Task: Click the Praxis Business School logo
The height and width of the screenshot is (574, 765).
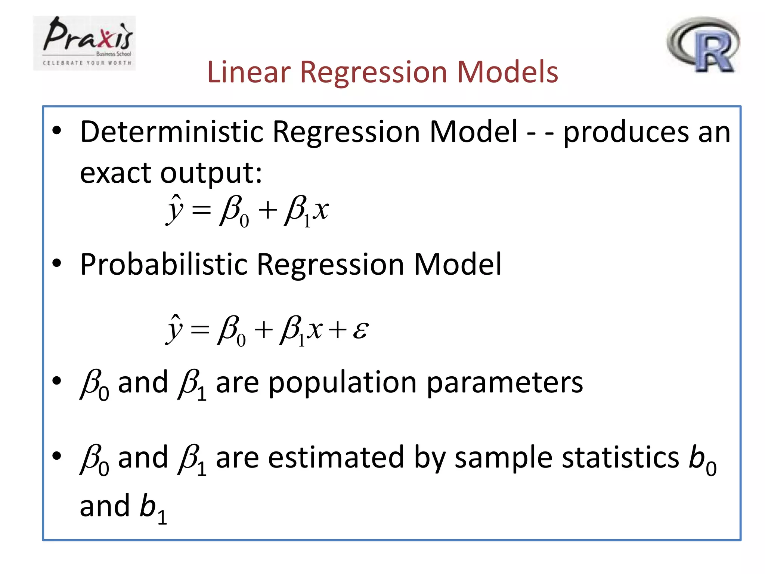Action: coord(84,43)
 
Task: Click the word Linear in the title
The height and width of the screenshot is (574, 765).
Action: coord(248,72)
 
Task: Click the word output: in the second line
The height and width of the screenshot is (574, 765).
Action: coord(211,173)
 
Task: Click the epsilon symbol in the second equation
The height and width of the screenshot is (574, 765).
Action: coord(360,330)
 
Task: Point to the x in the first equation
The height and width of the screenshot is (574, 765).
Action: coord(320,210)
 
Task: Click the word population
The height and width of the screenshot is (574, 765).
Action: coord(342,383)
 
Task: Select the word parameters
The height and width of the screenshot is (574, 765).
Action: coord(504,383)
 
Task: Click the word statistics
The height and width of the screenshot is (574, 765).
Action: coord(620,458)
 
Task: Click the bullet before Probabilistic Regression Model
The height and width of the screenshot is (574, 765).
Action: coord(57,263)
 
